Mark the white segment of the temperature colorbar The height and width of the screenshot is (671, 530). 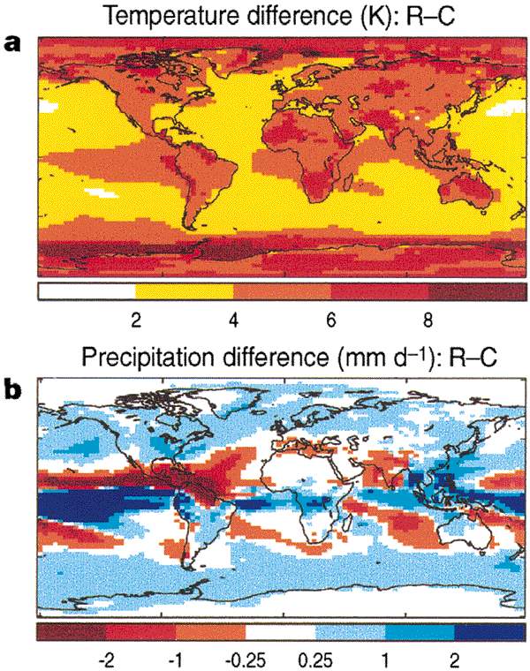86,290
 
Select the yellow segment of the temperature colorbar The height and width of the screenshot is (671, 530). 183,290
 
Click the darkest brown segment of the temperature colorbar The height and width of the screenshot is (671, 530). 477,290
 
